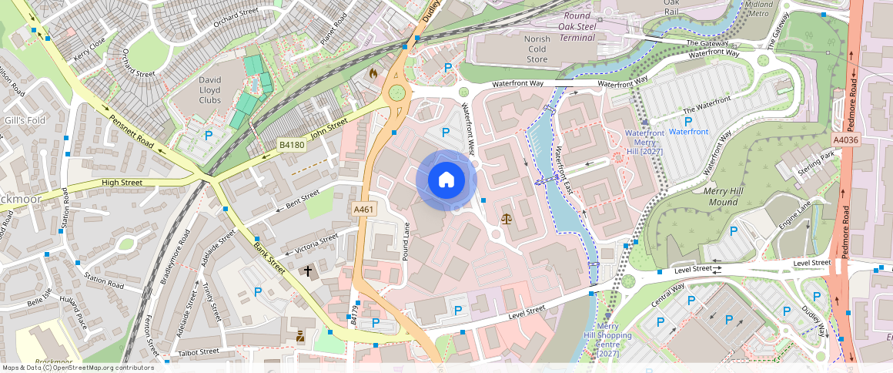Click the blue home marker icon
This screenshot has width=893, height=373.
[446, 180]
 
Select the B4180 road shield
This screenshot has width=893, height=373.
[291, 145]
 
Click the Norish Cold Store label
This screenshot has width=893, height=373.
[537, 49]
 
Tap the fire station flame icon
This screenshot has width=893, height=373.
[373, 74]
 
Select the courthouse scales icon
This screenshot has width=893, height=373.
[506, 219]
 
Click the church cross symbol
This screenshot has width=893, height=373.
[309, 271]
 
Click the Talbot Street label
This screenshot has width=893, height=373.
[198, 351]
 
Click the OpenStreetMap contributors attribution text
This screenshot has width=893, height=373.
[77, 368]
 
